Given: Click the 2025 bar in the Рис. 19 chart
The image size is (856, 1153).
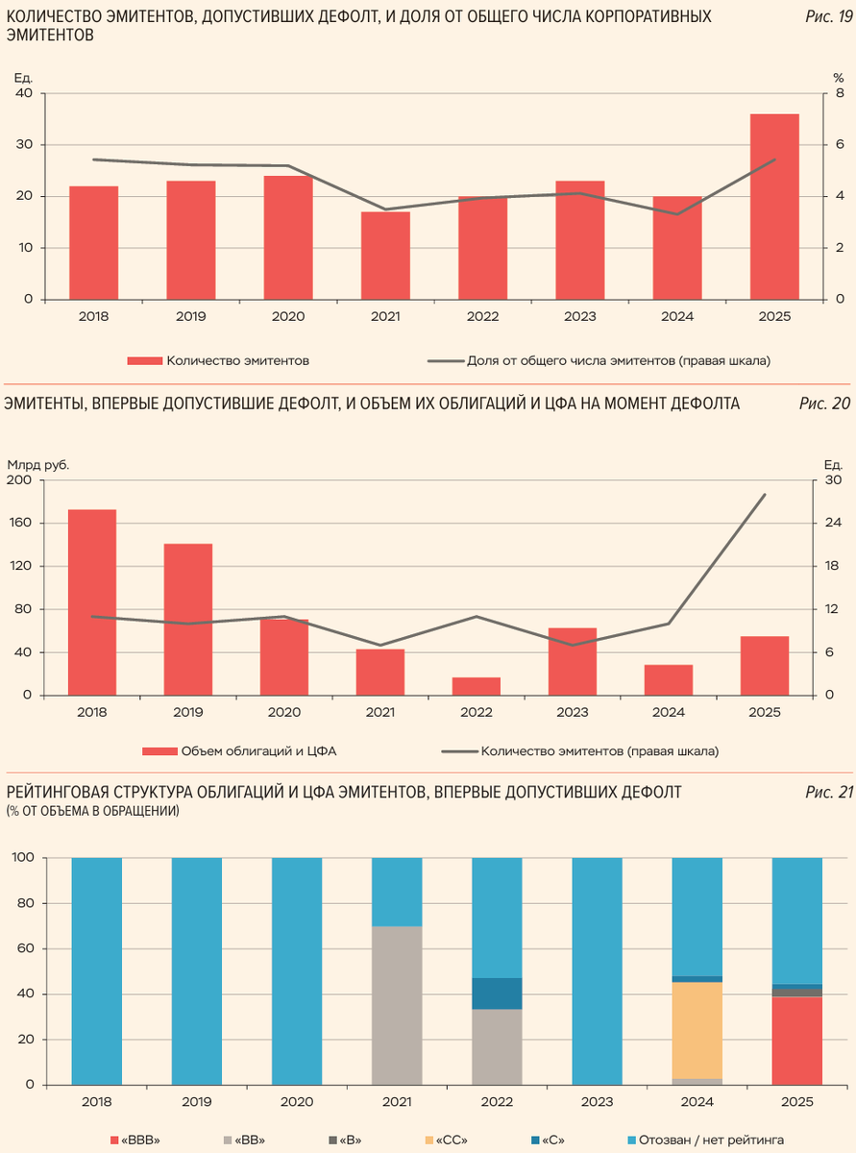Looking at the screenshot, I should [774, 207].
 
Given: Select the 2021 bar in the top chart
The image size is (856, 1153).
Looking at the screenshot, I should [385, 255].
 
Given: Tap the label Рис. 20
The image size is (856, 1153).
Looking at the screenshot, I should [824, 404].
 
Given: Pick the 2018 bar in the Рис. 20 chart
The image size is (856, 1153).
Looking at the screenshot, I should [92, 602].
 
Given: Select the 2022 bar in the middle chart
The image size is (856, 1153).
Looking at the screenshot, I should [477, 686].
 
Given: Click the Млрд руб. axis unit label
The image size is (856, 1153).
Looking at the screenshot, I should [38, 465].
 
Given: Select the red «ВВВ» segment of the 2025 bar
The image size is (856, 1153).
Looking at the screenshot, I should [797, 1041].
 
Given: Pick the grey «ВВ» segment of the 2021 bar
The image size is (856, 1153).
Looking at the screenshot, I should [397, 1005].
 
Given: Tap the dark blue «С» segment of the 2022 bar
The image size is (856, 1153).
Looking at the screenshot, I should [497, 994].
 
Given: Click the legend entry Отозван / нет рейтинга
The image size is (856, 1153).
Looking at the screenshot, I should [712, 1139].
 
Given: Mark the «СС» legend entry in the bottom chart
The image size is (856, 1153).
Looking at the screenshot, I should [449, 1139].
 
